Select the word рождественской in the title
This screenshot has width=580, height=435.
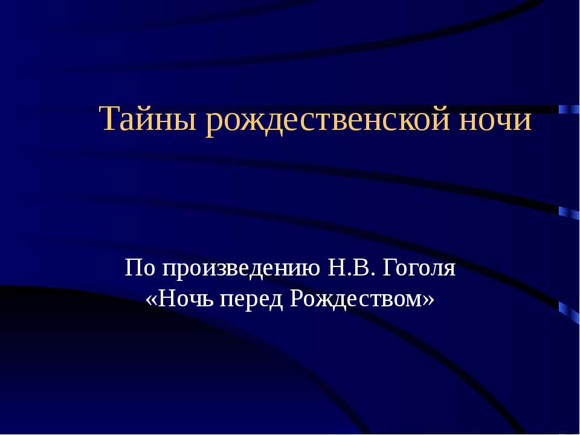pyautogui.click(x=329, y=120)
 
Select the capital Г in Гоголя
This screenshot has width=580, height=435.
pyautogui.click(x=395, y=267)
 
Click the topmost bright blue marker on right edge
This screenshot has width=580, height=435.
pyautogui.click(x=568, y=109)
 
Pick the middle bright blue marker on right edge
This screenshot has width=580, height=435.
pyautogui.click(x=568, y=212)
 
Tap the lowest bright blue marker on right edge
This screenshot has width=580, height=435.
pyautogui.click(x=568, y=310)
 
